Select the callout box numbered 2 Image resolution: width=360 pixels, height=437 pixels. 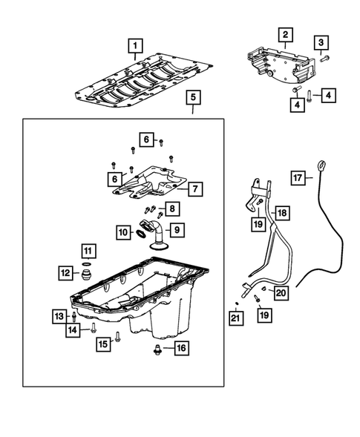(x=285, y=34)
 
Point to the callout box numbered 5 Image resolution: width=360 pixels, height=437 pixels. (x=192, y=97)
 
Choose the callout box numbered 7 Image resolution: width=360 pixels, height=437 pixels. (x=194, y=189)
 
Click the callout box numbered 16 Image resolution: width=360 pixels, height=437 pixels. (x=180, y=347)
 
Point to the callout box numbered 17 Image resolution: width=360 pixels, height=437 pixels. (x=298, y=177)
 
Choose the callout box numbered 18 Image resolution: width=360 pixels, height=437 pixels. (x=281, y=213)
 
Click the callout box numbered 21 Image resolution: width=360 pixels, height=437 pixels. (x=235, y=318)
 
